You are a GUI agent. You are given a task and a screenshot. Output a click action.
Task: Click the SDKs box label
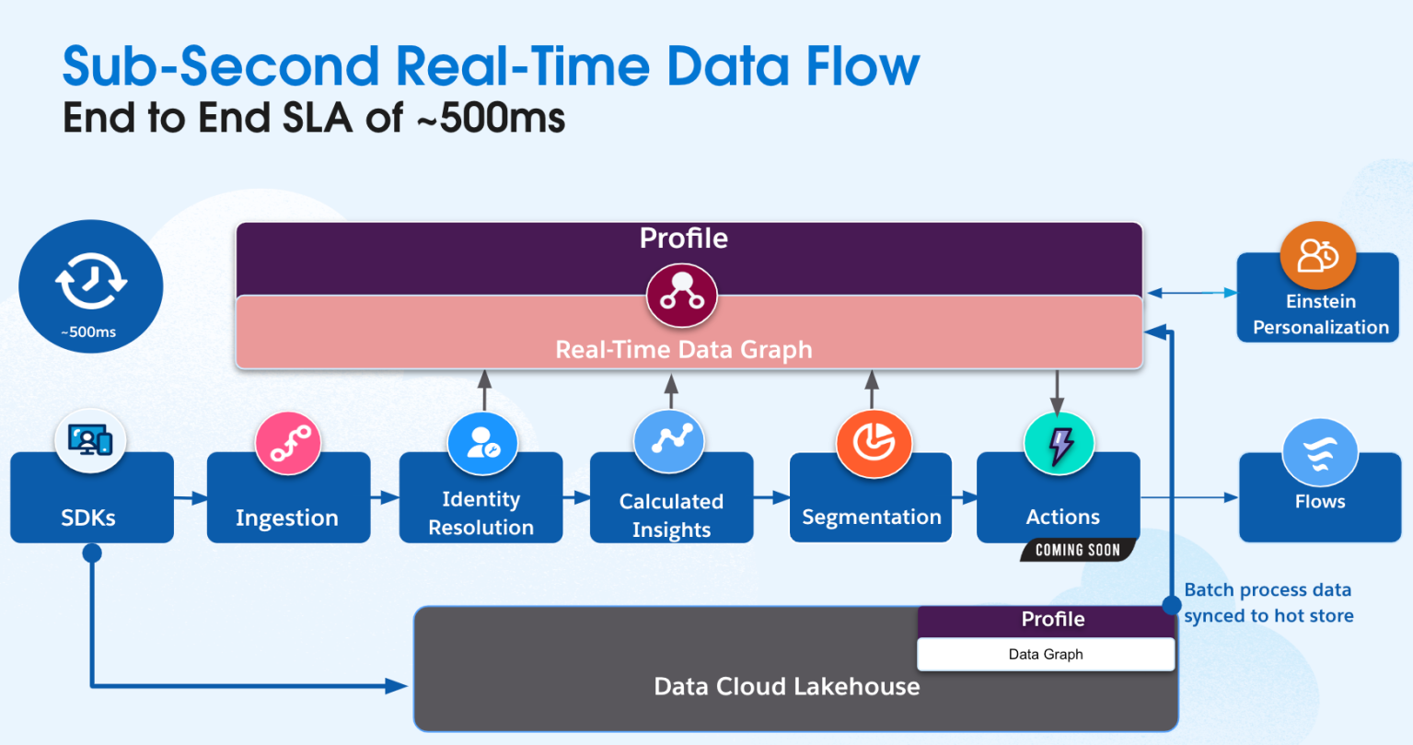click(x=88, y=518)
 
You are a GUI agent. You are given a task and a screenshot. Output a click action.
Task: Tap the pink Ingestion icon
click(x=288, y=444)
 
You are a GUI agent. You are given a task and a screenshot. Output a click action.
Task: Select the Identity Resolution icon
click(x=482, y=444)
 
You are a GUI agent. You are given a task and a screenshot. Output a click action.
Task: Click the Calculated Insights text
click(x=671, y=515)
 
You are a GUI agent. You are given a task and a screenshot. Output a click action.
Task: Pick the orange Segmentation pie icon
click(x=873, y=444)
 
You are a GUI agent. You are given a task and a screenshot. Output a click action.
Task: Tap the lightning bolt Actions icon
click(x=1059, y=444)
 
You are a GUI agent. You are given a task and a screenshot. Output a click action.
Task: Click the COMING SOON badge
click(x=1077, y=550)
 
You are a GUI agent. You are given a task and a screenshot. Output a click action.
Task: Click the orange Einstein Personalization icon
click(x=1318, y=256)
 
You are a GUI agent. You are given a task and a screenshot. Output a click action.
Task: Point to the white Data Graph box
click(x=1046, y=654)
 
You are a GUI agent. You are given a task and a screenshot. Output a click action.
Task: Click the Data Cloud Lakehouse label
click(x=786, y=686)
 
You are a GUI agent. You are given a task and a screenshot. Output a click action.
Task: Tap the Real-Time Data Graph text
click(x=683, y=350)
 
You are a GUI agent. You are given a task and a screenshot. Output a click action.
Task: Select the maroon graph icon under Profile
click(x=682, y=295)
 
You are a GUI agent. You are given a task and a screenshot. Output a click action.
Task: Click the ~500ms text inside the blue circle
click(x=89, y=332)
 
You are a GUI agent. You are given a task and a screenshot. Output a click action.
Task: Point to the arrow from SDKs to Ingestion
click(x=191, y=498)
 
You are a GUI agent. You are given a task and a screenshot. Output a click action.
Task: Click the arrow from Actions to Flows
click(x=1189, y=498)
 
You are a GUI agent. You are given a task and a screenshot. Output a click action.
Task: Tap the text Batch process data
click(x=1267, y=589)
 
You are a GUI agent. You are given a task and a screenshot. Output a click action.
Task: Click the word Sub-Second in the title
click(x=220, y=66)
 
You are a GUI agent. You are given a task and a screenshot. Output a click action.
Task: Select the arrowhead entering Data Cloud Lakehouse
click(x=398, y=685)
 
